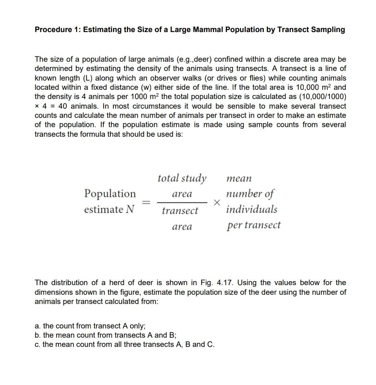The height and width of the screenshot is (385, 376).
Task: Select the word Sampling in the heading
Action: tap(327, 30)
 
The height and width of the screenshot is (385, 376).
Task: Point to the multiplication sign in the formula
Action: tap(217, 203)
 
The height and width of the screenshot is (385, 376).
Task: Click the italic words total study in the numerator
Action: tap(182, 178)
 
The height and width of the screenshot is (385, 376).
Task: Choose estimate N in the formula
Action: tap(109, 209)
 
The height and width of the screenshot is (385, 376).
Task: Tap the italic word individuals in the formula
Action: tap(251, 209)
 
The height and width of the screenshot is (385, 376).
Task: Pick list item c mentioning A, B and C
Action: tap(125, 344)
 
